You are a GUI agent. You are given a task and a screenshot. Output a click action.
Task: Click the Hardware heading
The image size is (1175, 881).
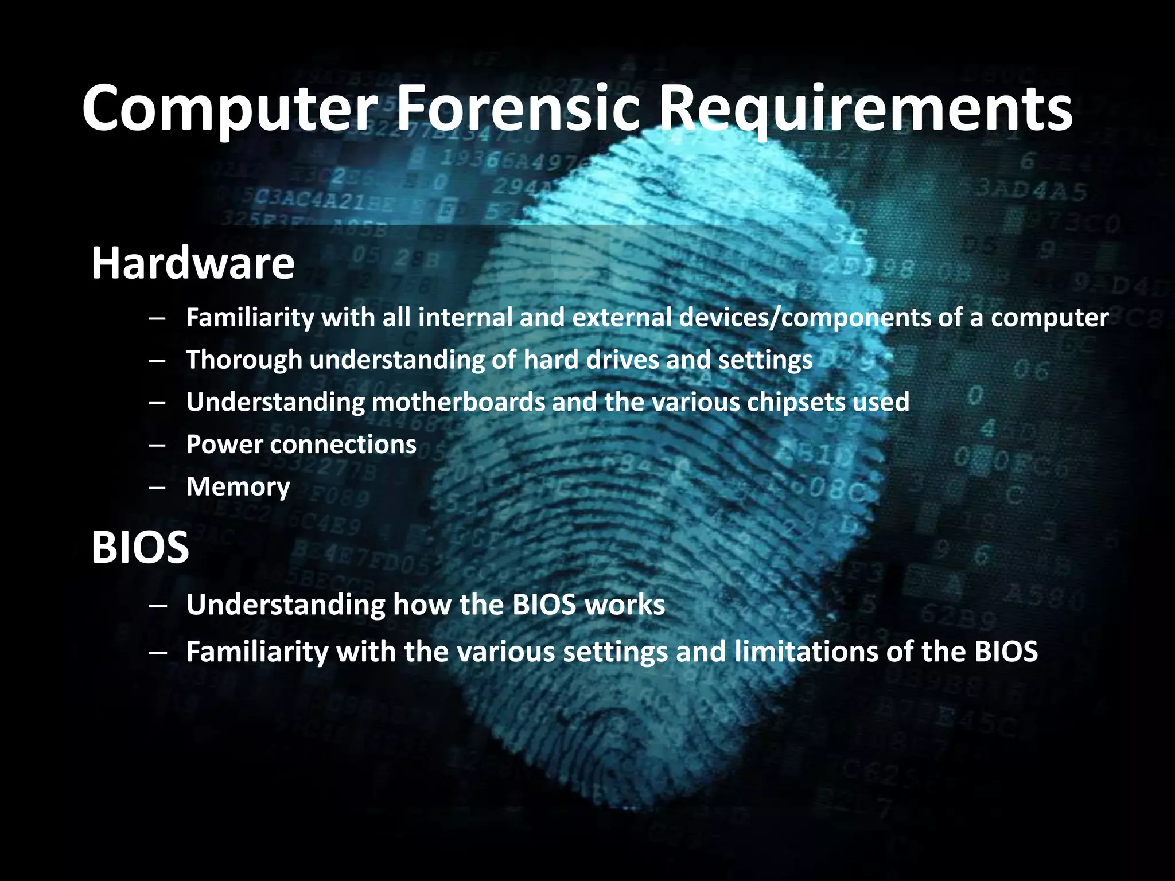pyautogui.click(x=193, y=263)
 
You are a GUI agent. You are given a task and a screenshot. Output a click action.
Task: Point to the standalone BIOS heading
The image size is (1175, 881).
pyautogui.click(x=140, y=547)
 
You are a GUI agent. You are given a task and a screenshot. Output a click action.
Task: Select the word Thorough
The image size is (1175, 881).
pyautogui.click(x=244, y=360)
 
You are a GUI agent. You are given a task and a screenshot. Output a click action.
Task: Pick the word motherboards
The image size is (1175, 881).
pyautogui.click(x=458, y=401)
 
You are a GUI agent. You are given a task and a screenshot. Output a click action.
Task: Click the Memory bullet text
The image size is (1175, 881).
pyautogui.click(x=238, y=487)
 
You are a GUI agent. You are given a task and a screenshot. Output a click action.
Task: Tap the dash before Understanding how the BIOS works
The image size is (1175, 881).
pyautogui.click(x=157, y=605)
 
